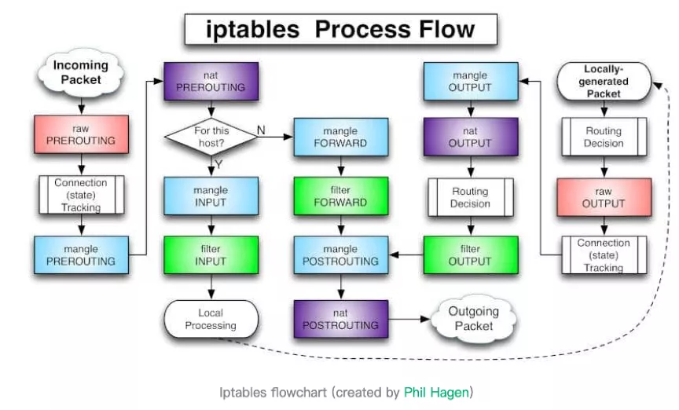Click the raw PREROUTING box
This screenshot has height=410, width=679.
(x=82, y=134)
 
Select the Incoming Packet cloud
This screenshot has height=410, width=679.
(x=81, y=73)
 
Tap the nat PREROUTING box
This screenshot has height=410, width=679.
(x=211, y=82)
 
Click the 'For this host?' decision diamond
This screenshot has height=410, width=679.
(x=211, y=137)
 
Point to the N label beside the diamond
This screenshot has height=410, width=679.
(x=261, y=130)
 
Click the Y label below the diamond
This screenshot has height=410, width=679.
(x=218, y=164)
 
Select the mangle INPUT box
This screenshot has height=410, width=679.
(x=211, y=196)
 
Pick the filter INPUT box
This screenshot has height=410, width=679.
(x=211, y=255)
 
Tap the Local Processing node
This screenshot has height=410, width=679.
(x=211, y=319)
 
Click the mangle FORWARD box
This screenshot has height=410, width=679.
(x=341, y=137)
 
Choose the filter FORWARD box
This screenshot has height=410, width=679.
(x=341, y=196)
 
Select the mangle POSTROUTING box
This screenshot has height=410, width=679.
(x=341, y=255)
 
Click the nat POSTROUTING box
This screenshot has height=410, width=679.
(x=341, y=319)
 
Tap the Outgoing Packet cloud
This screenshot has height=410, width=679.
(x=474, y=319)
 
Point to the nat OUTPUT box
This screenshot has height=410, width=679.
(x=471, y=137)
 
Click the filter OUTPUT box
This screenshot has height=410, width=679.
(x=471, y=255)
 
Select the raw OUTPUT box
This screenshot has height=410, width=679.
(x=604, y=197)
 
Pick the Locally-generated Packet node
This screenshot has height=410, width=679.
(x=604, y=82)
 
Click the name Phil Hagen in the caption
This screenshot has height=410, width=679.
(x=436, y=392)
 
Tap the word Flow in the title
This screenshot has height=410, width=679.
(x=446, y=29)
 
